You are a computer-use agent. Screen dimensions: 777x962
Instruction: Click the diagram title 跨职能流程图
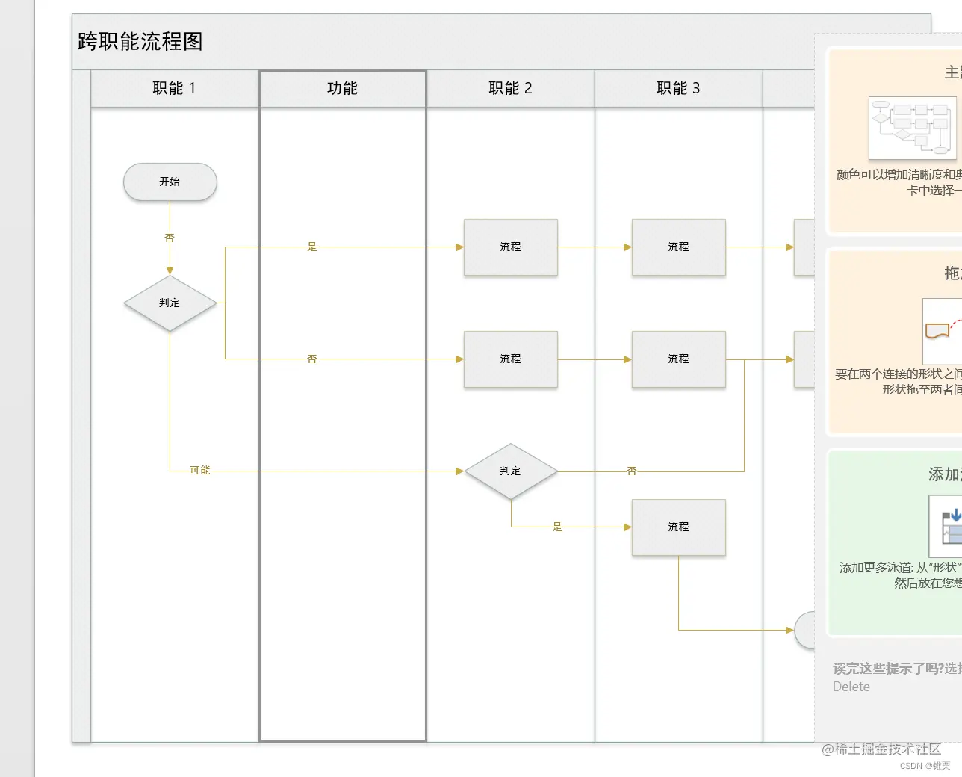tap(140, 42)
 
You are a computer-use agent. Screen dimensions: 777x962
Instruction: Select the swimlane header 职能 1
tap(174, 88)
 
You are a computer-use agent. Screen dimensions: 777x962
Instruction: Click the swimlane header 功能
tap(342, 88)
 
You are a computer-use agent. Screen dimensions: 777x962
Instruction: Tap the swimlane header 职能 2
tap(510, 88)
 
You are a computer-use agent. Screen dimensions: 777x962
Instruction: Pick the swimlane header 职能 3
tap(678, 88)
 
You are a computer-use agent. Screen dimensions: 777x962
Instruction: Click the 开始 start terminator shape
tap(170, 182)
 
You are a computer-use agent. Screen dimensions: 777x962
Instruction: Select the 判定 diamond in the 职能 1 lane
tap(170, 303)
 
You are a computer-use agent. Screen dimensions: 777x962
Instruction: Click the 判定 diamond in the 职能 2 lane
tap(511, 471)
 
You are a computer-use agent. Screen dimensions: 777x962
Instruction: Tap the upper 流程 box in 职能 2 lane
tap(511, 247)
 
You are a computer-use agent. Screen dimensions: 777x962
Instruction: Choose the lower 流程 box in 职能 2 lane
tap(511, 359)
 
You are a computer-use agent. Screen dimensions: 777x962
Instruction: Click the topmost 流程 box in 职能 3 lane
tap(678, 247)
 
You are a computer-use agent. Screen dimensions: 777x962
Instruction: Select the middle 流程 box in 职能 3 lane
tap(678, 359)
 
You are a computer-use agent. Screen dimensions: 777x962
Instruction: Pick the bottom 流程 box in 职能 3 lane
tap(678, 527)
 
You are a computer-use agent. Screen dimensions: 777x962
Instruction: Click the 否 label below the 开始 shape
tap(170, 238)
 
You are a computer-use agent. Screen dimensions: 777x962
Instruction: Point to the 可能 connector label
tap(200, 470)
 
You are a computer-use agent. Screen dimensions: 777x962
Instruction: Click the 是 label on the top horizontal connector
tap(312, 247)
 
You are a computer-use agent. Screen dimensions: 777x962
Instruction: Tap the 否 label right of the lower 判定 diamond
tap(632, 471)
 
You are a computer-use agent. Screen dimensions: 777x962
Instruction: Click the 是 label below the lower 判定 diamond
tap(557, 527)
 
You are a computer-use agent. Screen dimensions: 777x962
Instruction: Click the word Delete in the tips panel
tap(851, 687)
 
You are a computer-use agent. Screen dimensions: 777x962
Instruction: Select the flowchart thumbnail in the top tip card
tap(912, 128)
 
